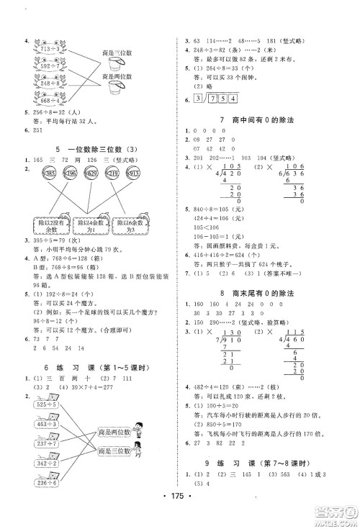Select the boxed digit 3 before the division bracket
[198, 98]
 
